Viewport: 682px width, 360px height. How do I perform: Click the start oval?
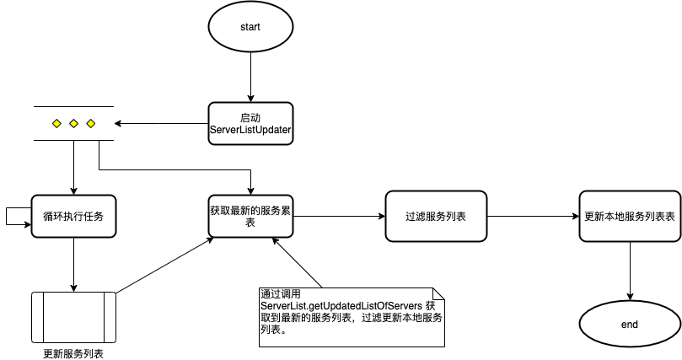tap(250, 27)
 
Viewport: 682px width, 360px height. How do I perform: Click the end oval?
tap(630, 324)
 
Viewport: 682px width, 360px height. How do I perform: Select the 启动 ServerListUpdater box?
tap(250, 124)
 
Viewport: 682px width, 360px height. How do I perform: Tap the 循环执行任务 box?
tap(73, 216)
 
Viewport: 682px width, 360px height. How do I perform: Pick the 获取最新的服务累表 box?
tap(250, 216)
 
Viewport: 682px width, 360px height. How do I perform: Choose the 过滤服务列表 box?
tap(435, 216)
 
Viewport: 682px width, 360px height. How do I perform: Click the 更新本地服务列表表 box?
tap(630, 216)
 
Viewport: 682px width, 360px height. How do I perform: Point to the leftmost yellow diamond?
tap(56, 124)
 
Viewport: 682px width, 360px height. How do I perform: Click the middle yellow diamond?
tap(73, 124)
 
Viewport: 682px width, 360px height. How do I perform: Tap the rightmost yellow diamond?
tap(90, 124)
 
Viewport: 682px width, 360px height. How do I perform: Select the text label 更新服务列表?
tap(73, 353)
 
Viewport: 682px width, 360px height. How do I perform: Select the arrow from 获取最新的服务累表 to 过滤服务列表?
tap(339, 217)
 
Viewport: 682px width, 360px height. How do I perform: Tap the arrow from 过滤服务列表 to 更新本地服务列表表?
tap(533, 217)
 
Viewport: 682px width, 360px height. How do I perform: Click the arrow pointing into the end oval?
tap(630, 271)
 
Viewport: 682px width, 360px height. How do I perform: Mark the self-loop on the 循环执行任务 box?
tap(10, 216)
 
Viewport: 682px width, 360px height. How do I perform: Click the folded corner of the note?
tap(438, 293)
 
